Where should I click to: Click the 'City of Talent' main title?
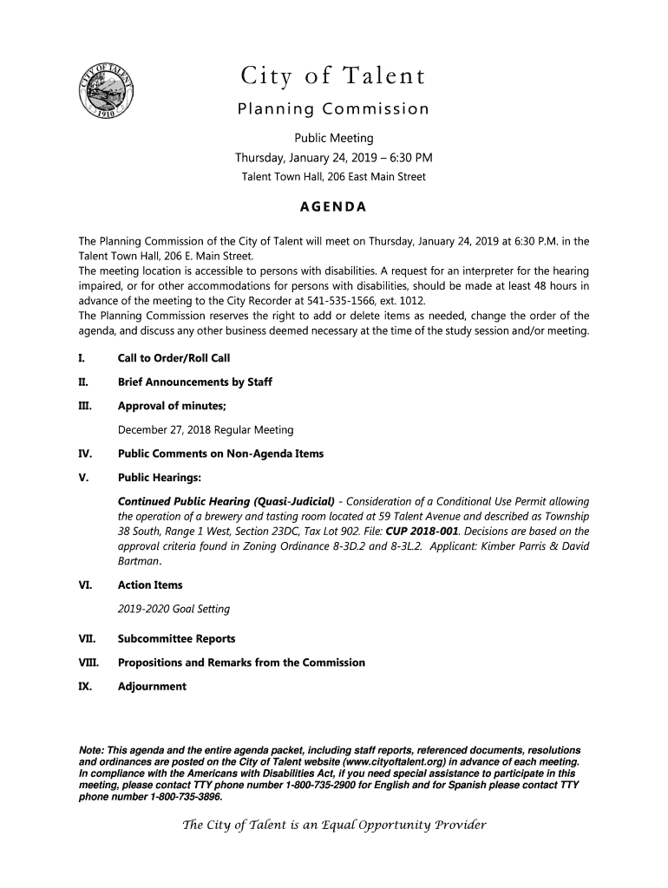point(333,78)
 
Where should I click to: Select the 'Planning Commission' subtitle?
point(333,110)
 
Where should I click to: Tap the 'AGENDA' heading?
point(333,207)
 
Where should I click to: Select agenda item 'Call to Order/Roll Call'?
point(174,359)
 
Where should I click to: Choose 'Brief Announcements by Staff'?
point(196,382)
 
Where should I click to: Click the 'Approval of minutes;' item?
point(172,406)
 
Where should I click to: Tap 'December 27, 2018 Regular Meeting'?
point(206,430)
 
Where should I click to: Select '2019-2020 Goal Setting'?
point(174,609)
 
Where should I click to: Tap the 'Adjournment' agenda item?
point(152,687)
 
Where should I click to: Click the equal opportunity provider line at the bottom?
point(333,825)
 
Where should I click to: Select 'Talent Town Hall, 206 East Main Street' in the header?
point(333,177)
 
